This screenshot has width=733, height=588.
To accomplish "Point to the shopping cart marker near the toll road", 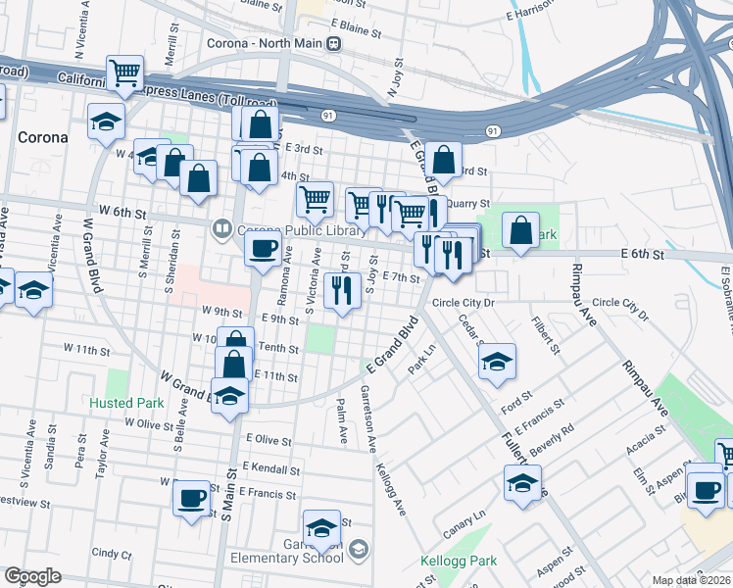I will [125, 73].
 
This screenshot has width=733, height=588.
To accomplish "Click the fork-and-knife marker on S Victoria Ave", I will [342, 289].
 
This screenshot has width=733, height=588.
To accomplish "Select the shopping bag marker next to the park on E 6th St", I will [521, 231].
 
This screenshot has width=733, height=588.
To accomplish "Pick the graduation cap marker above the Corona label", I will [106, 122].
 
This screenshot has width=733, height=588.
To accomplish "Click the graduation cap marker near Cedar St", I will [498, 361].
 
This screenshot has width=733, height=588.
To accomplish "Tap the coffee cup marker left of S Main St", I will [191, 496].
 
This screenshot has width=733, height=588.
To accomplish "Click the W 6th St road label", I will [122, 212].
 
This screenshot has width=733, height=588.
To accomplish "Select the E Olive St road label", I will [269, 441].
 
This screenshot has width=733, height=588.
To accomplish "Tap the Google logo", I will [32, 576].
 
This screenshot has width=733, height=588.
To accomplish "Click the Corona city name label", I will [42, 137].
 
